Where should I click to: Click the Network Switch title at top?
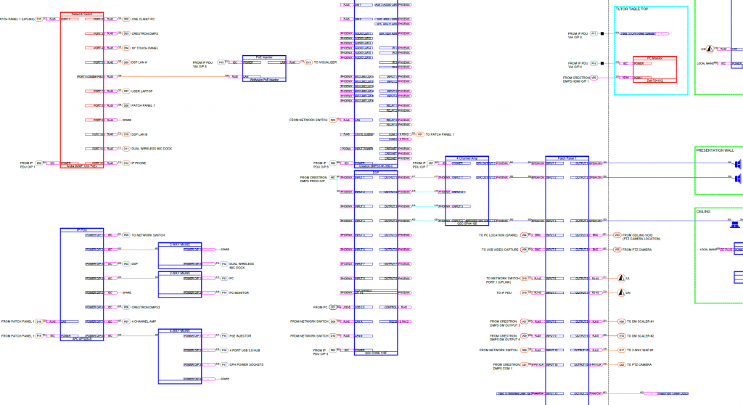tap(82, 14)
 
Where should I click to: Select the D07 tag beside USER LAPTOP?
tap(126, 91)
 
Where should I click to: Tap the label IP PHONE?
tap(139, 163)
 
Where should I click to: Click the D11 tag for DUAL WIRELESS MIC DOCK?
tap(126, 149)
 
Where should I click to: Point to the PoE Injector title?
tap(263, 56)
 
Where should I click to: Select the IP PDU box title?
tap(82, 229)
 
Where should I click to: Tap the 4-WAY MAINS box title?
tap(180, 331)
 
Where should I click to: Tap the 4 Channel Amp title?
tap(468, 157)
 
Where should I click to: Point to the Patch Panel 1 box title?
tap(567, 157)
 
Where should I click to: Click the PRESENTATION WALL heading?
tap(715, 150)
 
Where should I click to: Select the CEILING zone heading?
tap(703, 211)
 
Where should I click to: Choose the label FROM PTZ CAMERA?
tap(638, 250)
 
